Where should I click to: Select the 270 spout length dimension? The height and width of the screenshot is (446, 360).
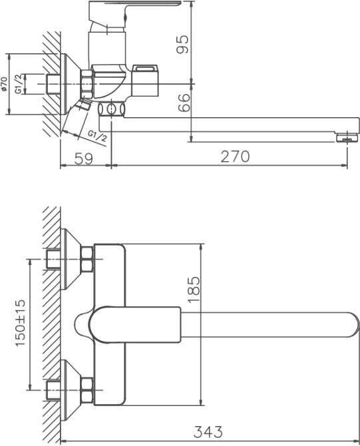(x=234, y=156)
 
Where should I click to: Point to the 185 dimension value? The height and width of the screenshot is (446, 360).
(x=194, y=291)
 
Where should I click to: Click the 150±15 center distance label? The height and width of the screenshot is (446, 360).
(x=20, y=322)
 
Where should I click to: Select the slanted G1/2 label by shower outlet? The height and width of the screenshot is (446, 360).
(x=98, y=135)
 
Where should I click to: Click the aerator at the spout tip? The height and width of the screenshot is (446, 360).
(x=345, y=138)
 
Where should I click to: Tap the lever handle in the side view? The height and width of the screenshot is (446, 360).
(x=133, y=9)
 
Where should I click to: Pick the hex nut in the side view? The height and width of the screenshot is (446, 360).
(x=86, y=83)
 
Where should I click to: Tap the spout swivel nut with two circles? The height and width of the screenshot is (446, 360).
(x=112, y=109)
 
